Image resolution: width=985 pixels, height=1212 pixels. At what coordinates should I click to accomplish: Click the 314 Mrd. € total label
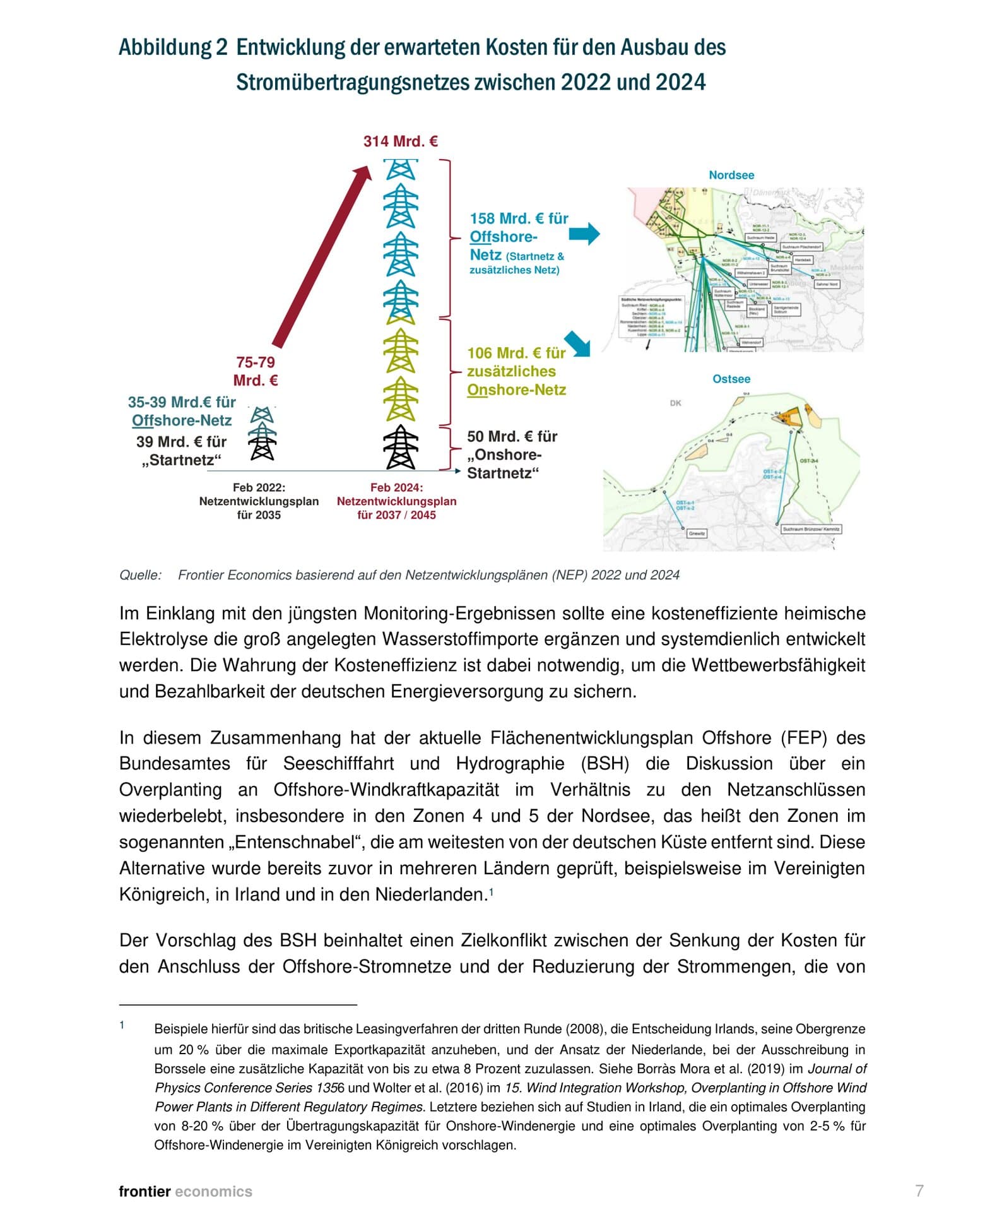pos(400,141)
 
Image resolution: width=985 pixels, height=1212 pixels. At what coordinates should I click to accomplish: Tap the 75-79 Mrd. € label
pos(256,371)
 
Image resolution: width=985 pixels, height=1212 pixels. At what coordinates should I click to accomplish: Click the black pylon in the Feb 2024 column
pos(401,447)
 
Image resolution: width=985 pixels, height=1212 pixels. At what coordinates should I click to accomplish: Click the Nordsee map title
pos(731,175)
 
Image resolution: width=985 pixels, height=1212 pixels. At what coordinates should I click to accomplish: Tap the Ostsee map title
pos(731,379)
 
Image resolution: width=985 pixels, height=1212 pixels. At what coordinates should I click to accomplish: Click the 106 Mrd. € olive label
pos(516,371)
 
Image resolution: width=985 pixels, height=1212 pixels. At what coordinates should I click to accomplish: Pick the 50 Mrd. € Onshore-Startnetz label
pos(512,454)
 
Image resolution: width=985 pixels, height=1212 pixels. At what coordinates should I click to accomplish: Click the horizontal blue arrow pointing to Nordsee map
pos(584,234)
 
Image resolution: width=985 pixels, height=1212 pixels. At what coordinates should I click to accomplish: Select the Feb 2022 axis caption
pos(259,501)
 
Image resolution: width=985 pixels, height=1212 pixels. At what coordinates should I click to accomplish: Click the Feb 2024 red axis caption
pos(396,501)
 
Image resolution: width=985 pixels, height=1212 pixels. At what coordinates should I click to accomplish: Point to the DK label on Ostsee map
pos(675,403)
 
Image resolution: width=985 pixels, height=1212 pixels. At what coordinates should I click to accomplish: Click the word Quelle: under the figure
pos(140,575)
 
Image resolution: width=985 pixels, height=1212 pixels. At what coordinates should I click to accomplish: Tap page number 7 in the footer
pos(919,1191)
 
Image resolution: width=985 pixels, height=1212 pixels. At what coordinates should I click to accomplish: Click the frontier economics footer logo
pos(185,1191)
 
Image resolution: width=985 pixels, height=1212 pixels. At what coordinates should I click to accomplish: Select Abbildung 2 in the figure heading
pos(172,47)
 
